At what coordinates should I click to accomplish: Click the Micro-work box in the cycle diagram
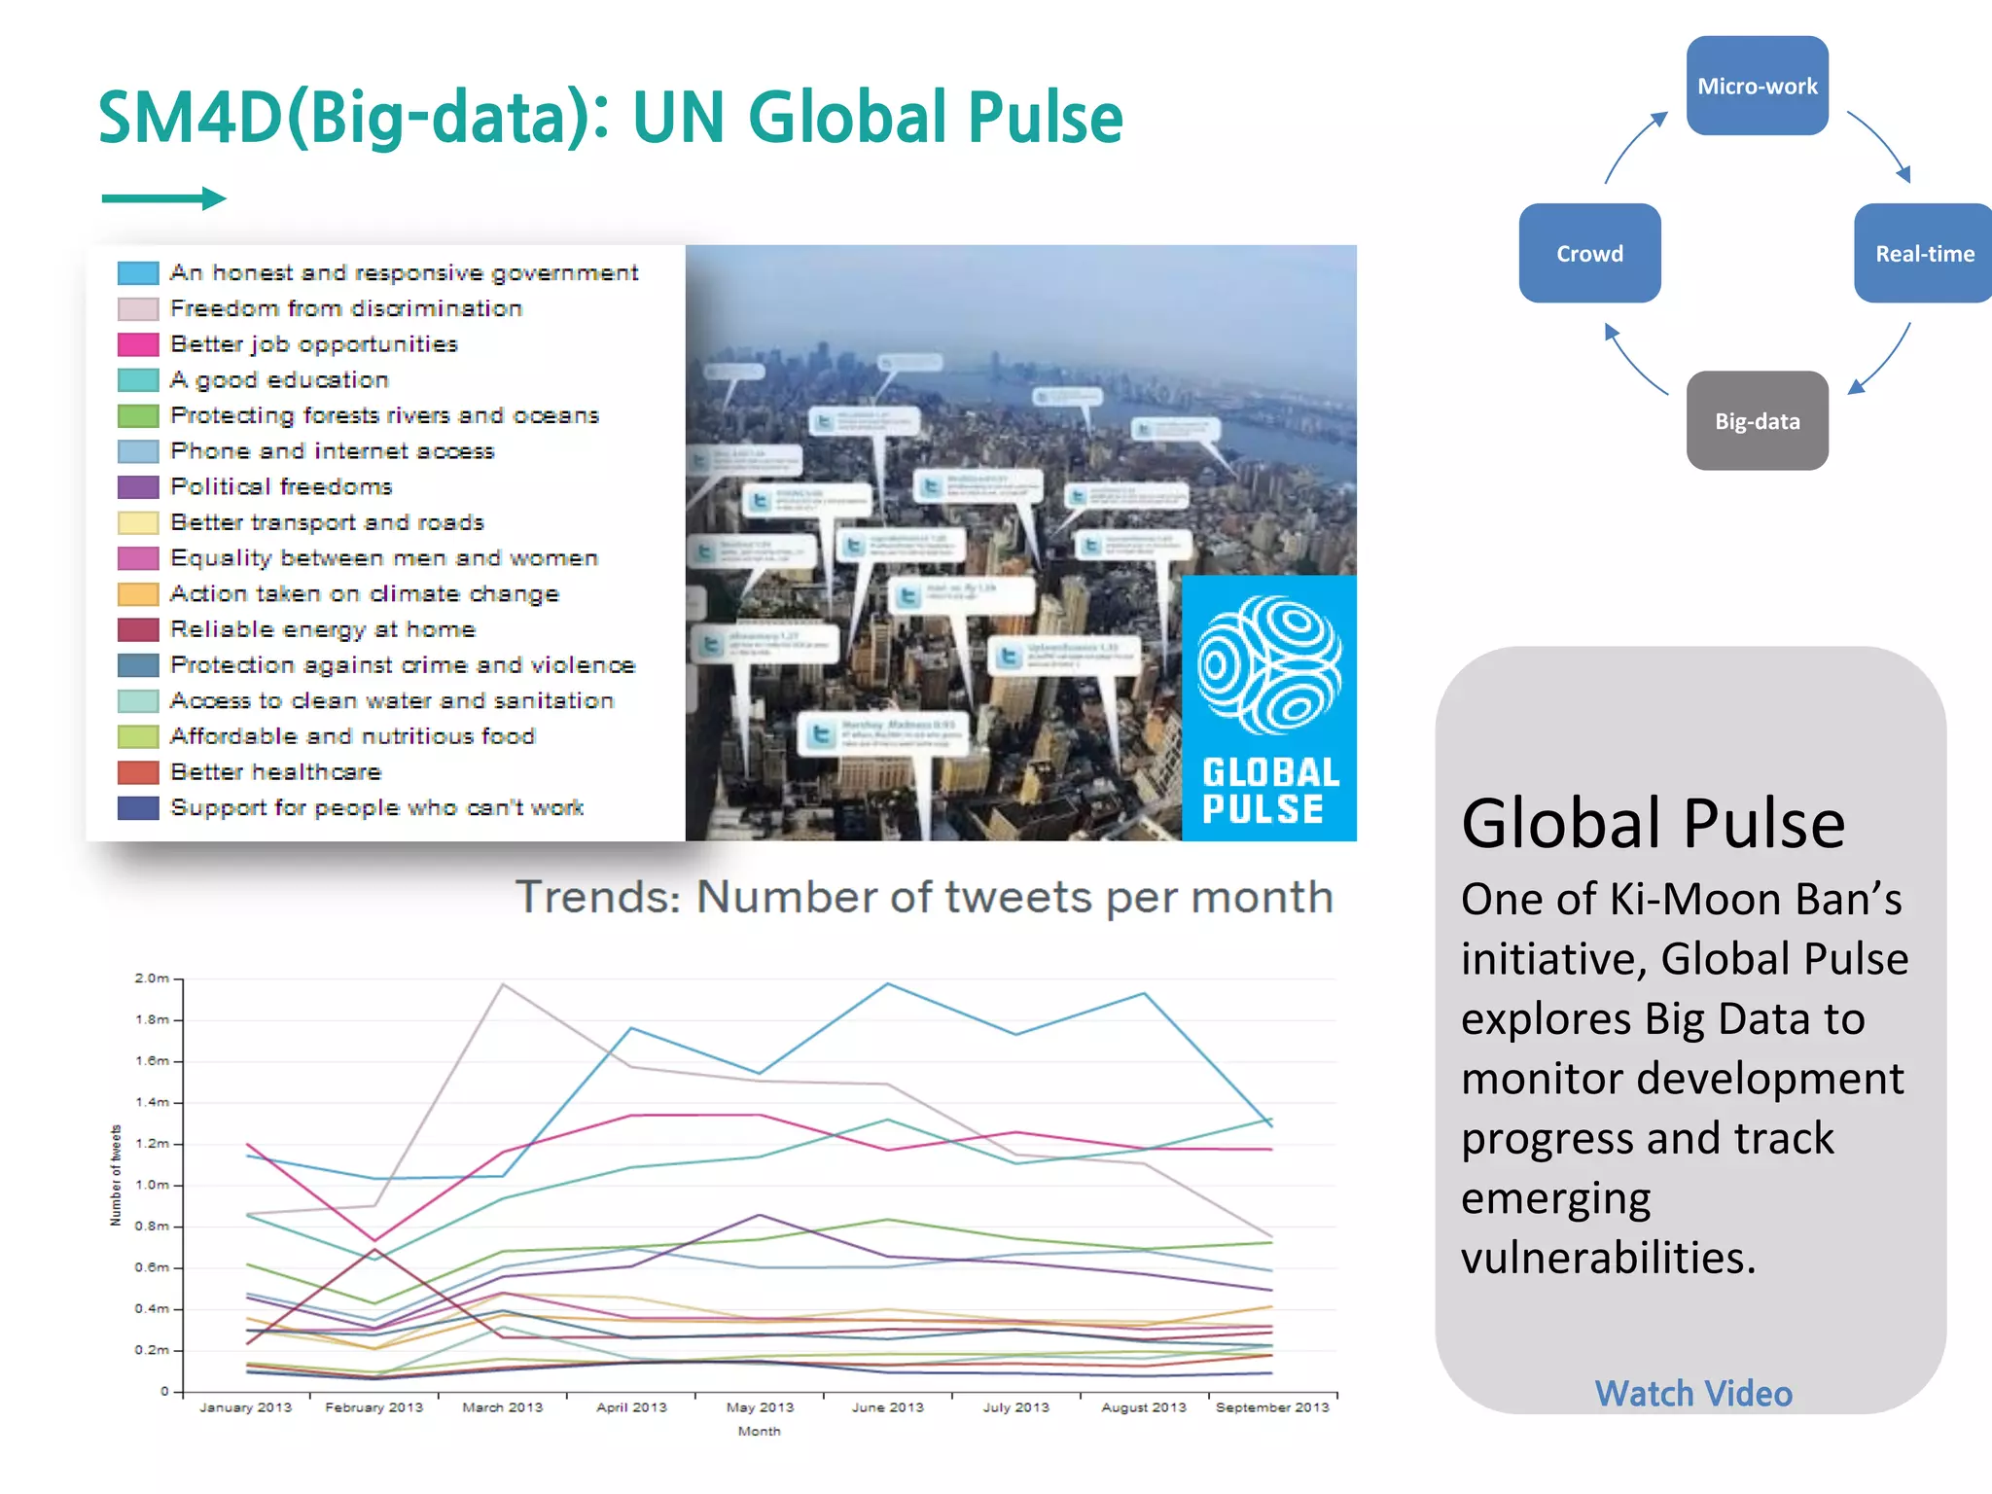[1757, 86]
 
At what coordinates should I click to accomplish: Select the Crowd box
[1589, 253]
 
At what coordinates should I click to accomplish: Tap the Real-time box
[1923, 253]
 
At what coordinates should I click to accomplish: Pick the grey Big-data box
[1757, 420]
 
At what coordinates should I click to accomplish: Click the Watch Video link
[1692, 1393]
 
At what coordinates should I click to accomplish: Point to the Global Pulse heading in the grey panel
[1653, 824]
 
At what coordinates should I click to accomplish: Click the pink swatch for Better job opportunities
[137, 344]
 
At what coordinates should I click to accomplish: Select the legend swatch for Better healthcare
[137, 772]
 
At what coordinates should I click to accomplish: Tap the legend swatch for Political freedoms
[137, 486]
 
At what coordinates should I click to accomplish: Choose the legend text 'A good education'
[279, 379]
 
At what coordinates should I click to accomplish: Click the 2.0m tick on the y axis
[153, 978]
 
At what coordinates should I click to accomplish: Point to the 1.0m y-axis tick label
[153, 1185]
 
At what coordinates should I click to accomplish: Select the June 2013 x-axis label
[887, 1407]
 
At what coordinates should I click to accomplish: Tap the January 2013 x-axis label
[245, 1407]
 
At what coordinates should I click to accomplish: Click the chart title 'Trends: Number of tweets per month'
[923, 897]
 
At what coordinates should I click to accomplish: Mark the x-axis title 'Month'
[759, 1431]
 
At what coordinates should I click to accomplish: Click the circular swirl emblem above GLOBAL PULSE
[1269, 666]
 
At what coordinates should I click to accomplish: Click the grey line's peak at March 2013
[503, 984]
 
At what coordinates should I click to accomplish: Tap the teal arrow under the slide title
[163, 198]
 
